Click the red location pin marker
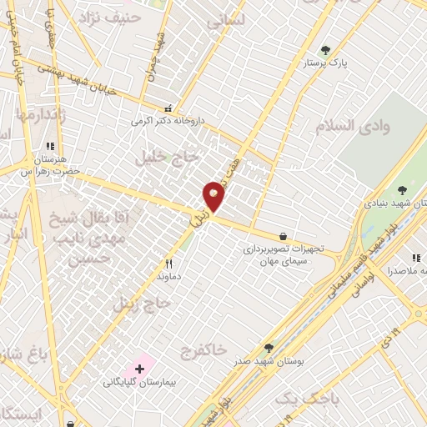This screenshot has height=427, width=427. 214,197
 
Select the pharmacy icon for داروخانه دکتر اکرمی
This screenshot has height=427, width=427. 168,108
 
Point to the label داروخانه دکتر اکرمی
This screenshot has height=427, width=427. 167,120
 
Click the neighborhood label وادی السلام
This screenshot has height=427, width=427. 353,125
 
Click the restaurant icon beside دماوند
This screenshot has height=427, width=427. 168,262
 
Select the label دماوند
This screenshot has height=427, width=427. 168,274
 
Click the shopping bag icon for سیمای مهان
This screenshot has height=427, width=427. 284,236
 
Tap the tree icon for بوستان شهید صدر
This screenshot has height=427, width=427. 269,348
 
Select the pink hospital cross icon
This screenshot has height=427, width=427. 138,368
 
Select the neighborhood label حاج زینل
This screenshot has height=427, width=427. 141,303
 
